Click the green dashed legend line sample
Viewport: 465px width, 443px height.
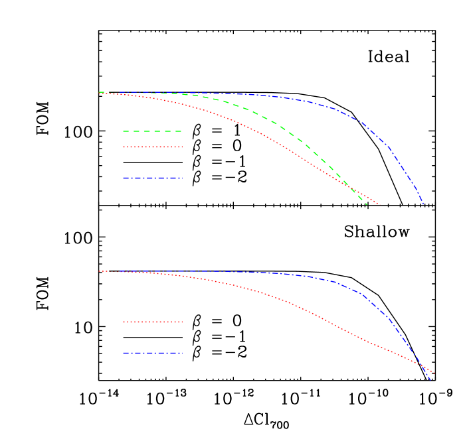(152, 131)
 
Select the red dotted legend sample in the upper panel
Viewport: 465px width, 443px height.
(152, 147)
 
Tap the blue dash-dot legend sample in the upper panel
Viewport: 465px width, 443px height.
(152, 178)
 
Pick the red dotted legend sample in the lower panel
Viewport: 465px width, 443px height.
(152, 322)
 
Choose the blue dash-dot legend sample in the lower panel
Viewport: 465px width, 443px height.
(152, 353)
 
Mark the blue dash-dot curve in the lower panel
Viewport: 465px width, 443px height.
(359, 292)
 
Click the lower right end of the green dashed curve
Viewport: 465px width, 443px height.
(367, 204)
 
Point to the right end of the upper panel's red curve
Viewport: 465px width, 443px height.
(381, 205)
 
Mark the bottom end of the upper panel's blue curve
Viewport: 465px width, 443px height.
(423, 205)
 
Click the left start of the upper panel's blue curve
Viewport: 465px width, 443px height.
(119, 92)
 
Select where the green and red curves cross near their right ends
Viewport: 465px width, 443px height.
(353, 190)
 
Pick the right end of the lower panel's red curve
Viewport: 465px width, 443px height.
(433, 372)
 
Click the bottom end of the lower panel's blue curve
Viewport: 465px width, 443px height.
(432, 380)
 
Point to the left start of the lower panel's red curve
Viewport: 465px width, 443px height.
(99, 271)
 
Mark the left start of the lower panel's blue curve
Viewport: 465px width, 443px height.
(119, 271)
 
